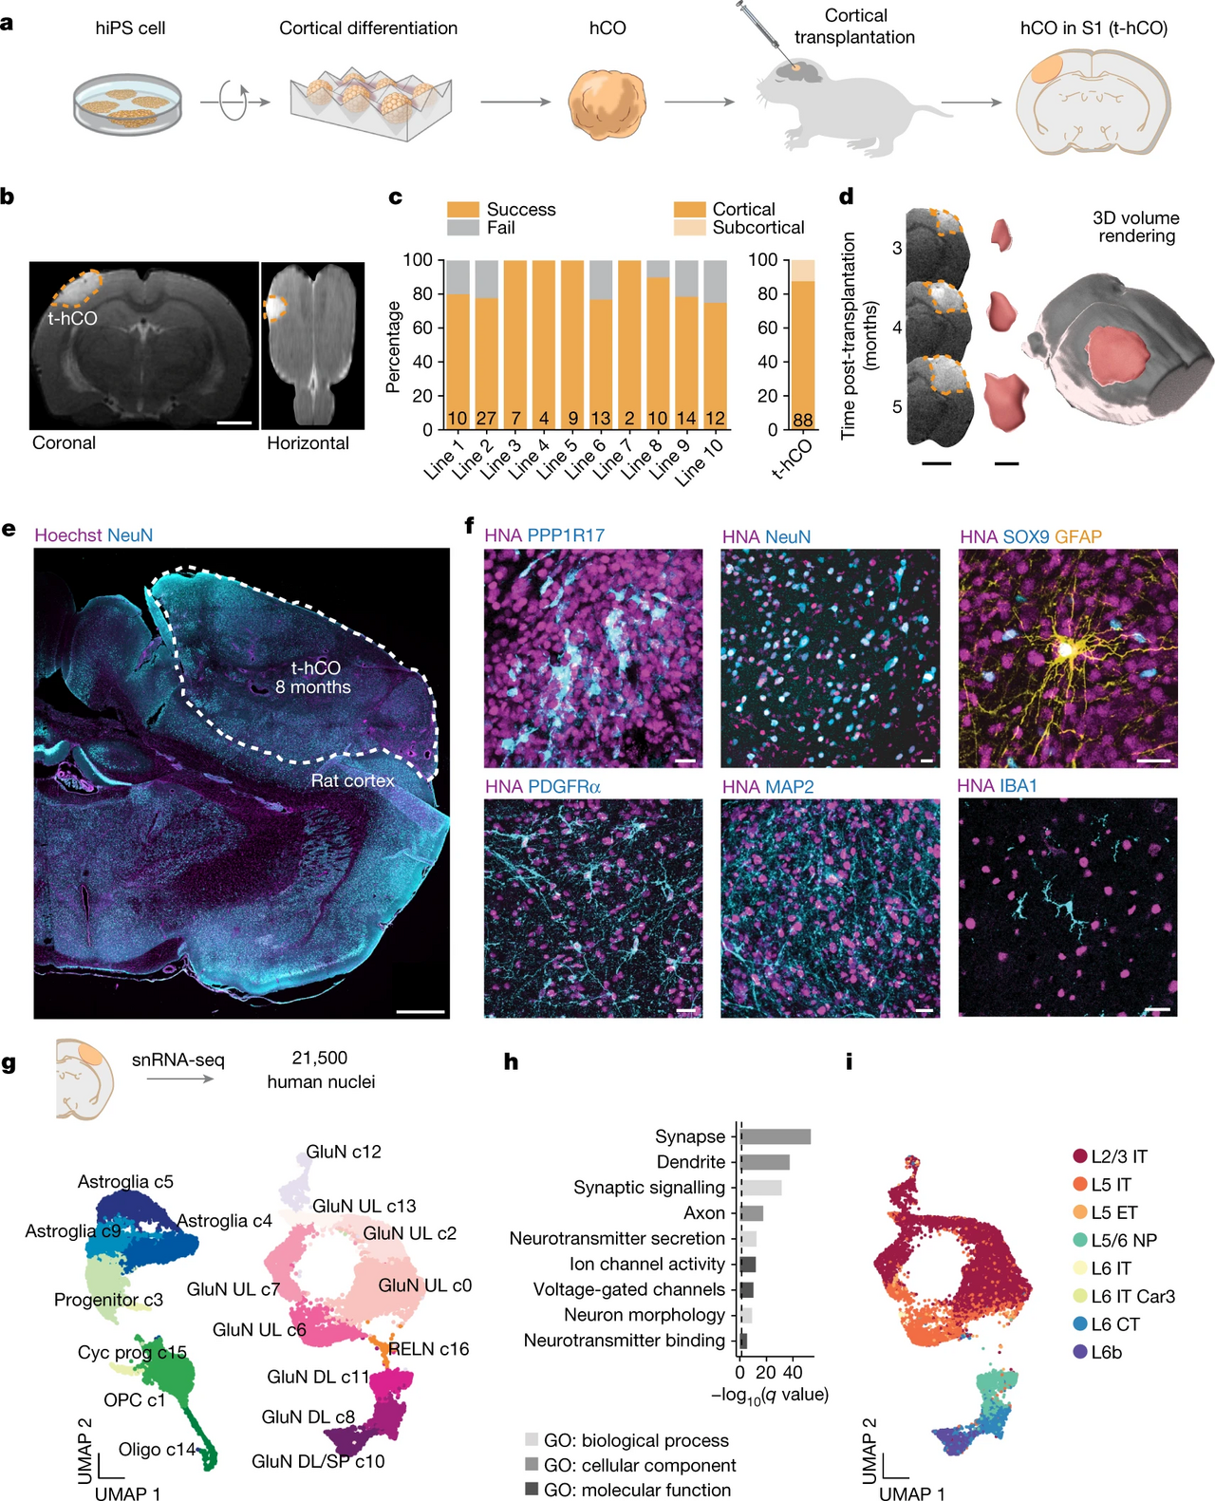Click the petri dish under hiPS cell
pyautogui.click(x=127, y=103)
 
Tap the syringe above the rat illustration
pyautogui.click(x=763, y=27)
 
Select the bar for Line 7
pyautogui.click(x=629, y=345)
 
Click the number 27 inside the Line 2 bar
pyautogui.click(x=486, y=419)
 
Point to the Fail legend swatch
pyautogui.click(x=463, y=228)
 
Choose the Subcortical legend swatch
pyautogui.click(x=689, y=228)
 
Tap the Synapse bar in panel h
pyautogui.click(x=776, y=1136)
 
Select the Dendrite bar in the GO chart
pyautogui.click(x=765, y=1162)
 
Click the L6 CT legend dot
pyautogui.click(x=1080, y=1324)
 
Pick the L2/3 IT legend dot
pyautogui.click(x=1080, y=1155)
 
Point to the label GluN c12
pyautogui.click(x=343, y=1152)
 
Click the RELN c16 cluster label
pyautogui.click(x=428, y=1349)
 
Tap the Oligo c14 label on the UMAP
pyautogui.click(x=157, y=1449)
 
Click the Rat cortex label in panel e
pyautogui.click(x=352, y=780)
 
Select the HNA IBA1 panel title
pyautogui.click(x=997, y=786)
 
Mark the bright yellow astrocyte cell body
pyautogui.click(x=1066, y=649)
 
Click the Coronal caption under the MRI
pyautogui.click(x=65, y=443)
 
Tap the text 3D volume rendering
pyautogui.click(x=1136, y=227)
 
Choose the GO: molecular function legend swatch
pyautogui.click(x=532, y=1489)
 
